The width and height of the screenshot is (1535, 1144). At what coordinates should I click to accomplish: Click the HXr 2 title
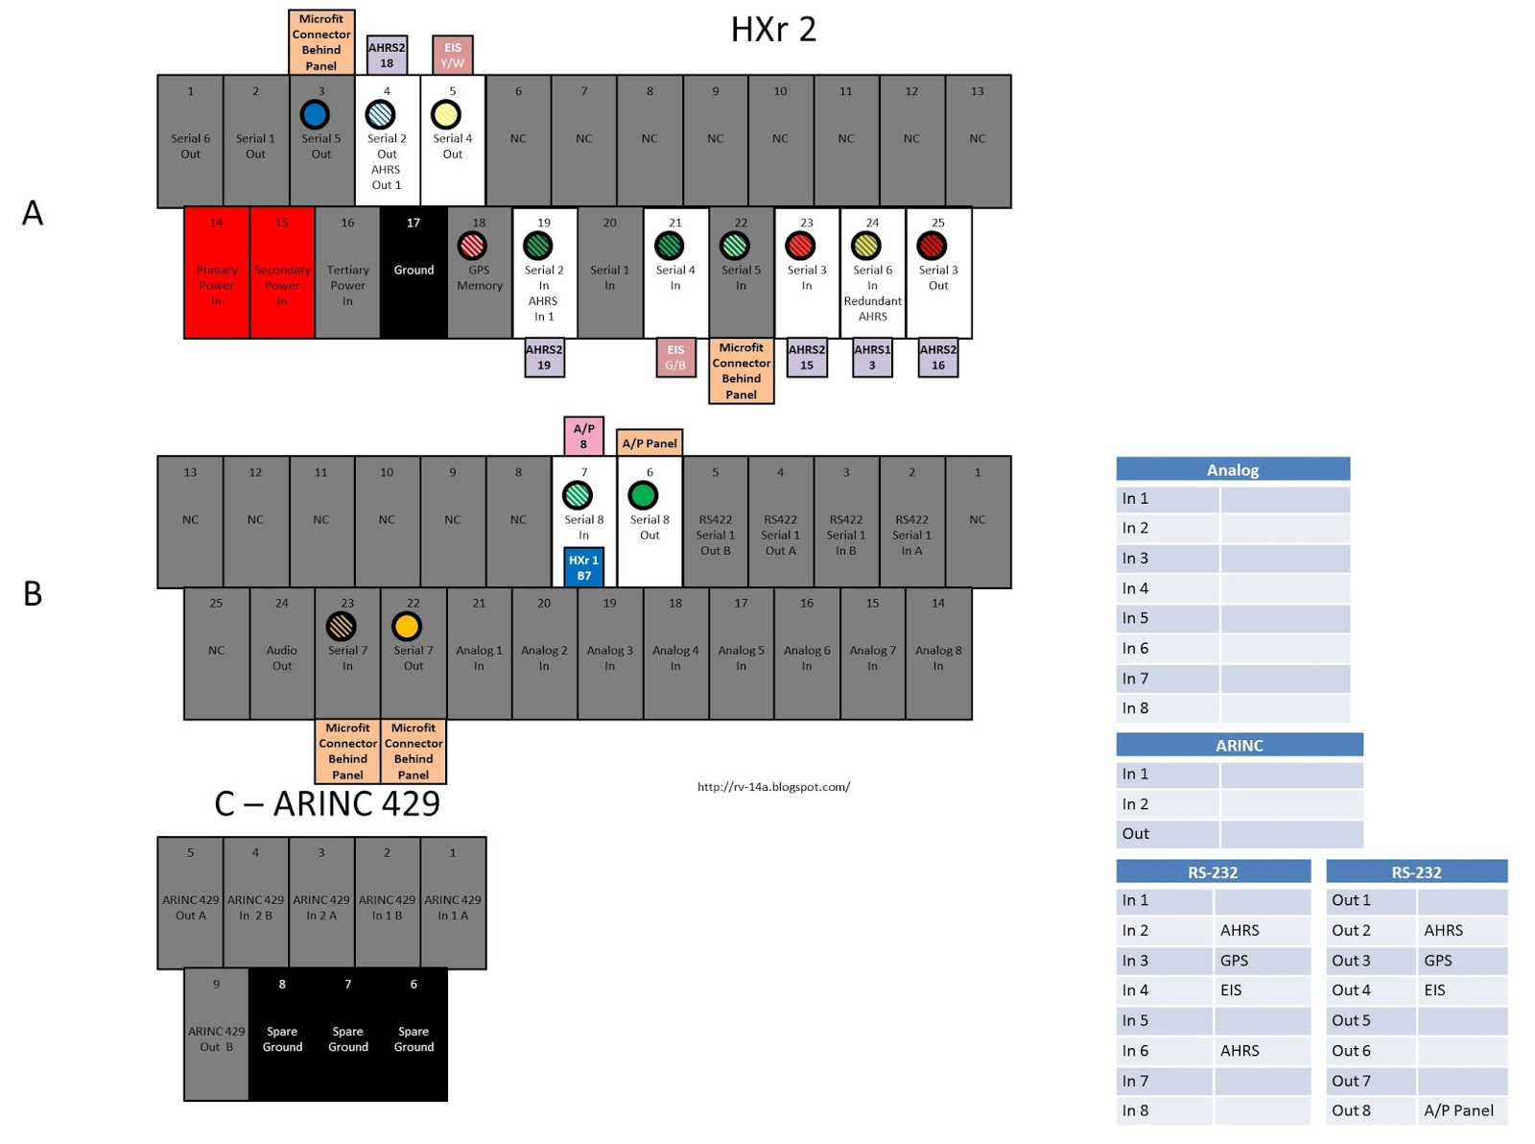tap(773, 30)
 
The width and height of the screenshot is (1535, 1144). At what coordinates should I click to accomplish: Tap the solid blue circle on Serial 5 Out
tap(315, 114)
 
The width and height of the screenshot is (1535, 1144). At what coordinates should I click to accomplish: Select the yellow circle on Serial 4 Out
tap(446, 114)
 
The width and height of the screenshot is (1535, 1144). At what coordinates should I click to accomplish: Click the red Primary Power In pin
tap(217, 273)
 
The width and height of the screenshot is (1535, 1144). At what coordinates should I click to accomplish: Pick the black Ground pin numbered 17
tap(413, 273)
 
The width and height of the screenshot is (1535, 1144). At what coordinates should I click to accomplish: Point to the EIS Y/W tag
tap(452, 56)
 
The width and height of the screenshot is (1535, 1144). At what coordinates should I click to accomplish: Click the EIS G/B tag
tap(675, 357)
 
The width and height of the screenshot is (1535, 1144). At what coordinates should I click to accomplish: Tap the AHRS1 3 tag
tap(872, 357)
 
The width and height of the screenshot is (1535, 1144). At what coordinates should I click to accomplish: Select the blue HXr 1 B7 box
tap(583, 567)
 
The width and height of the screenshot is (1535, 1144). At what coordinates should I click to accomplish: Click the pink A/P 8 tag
tap(583, 436)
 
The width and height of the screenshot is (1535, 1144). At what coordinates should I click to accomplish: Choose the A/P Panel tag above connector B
tap(649, 442)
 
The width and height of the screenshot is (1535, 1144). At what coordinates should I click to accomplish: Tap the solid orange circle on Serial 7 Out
tap(407, 627)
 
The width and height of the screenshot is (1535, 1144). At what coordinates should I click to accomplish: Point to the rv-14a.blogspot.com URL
tap(773, 787)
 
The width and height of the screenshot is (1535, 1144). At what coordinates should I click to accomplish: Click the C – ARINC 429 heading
tap(327, 803)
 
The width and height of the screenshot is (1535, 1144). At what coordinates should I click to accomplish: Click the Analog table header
tap(1233, 469)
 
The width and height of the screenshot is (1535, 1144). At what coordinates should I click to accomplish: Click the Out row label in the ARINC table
tap(1136, 833)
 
